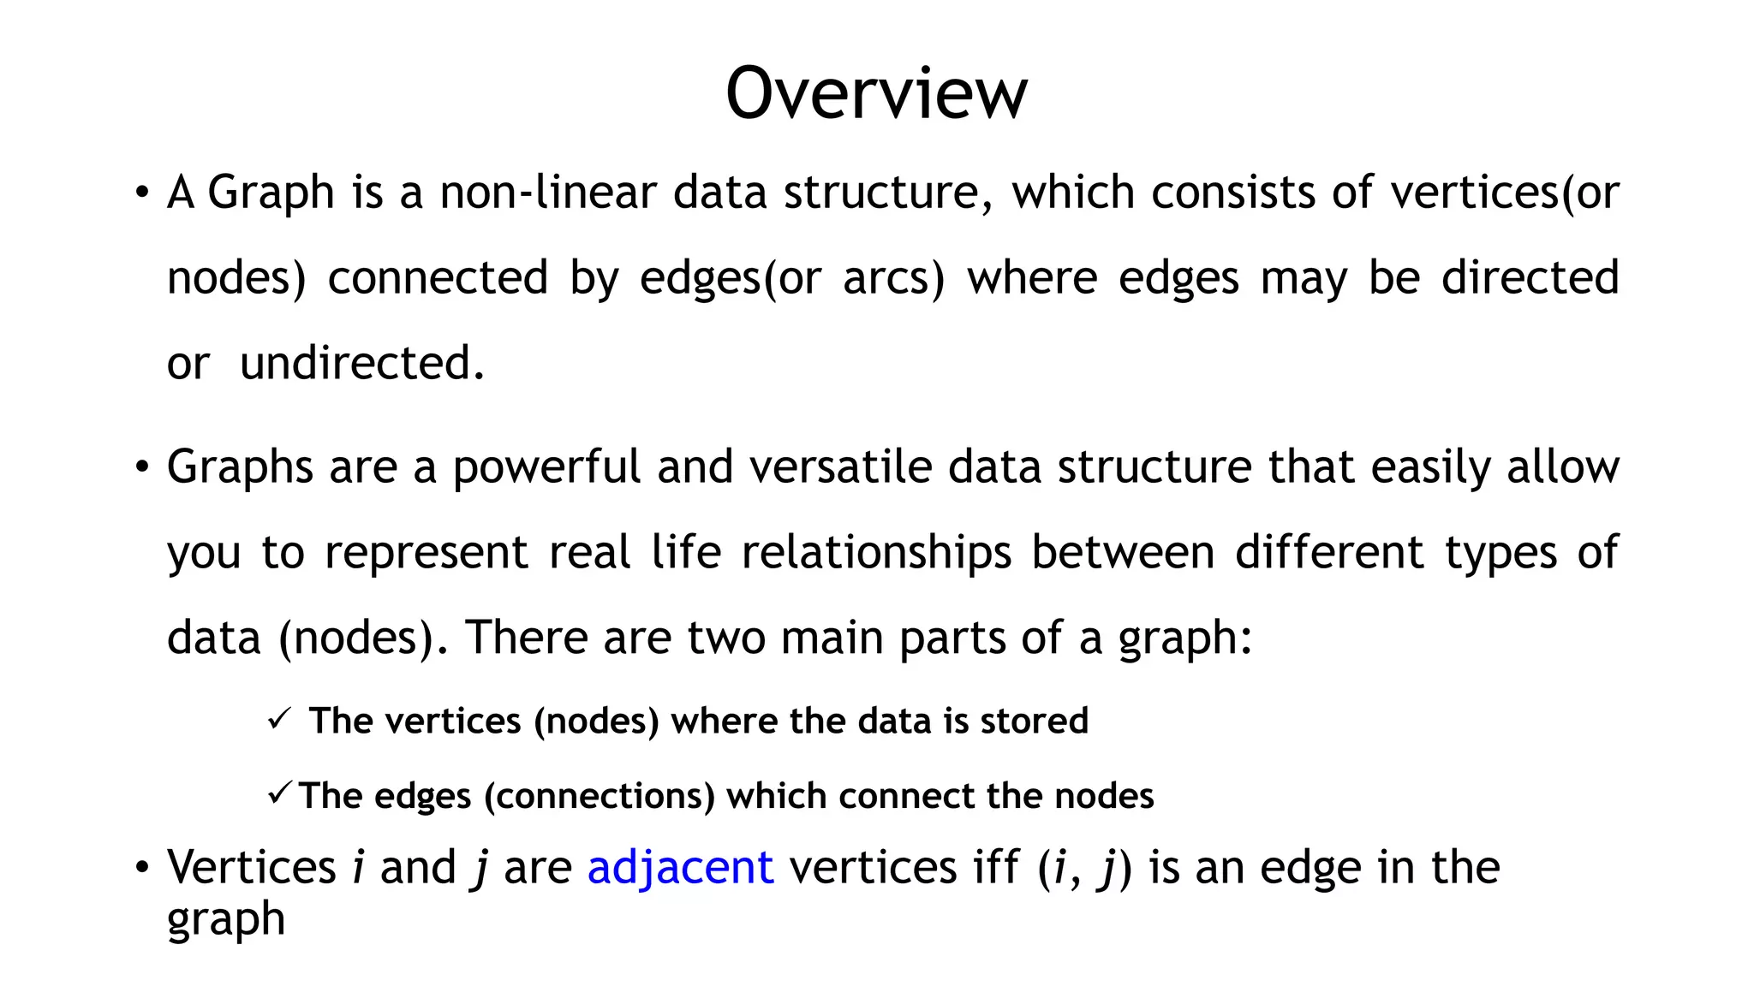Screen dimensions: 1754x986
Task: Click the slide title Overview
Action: [x=876, y=93]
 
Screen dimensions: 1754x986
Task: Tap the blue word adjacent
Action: [x=681, y=867]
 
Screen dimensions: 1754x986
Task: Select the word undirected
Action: [x=361, y=363]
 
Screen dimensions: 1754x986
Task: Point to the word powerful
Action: [x=546, y=467]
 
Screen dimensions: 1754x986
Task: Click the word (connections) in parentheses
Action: [x=600, y=796]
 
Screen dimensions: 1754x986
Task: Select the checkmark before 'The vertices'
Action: [x=279, y=718]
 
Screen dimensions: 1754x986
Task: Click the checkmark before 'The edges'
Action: [x=280, y=793]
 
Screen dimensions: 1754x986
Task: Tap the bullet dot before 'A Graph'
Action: [x=142, y=193]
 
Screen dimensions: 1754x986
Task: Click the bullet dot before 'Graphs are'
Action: [x=142, y=468]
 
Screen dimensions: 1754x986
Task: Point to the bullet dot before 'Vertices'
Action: [x=142, y=868]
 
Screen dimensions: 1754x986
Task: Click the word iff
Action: [x=996, y=867]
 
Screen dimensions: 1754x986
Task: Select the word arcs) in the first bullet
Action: [x=893, y=278]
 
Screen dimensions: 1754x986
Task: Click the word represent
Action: [x=426, y=553]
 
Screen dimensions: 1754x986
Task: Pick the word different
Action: [x=1329, y=553]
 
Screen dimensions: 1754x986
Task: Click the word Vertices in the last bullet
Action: [x=251, y=867]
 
